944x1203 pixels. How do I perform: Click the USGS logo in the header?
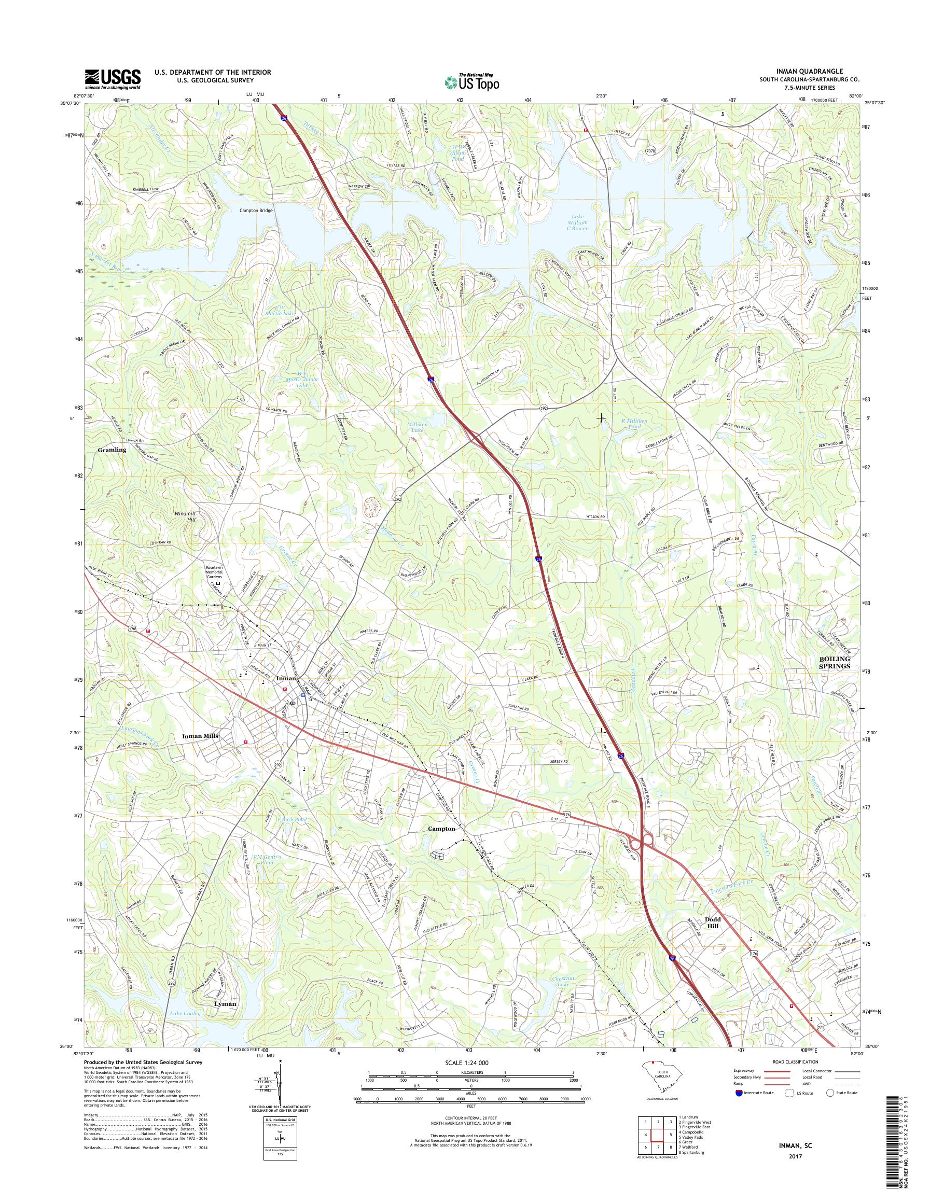(112, 79)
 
